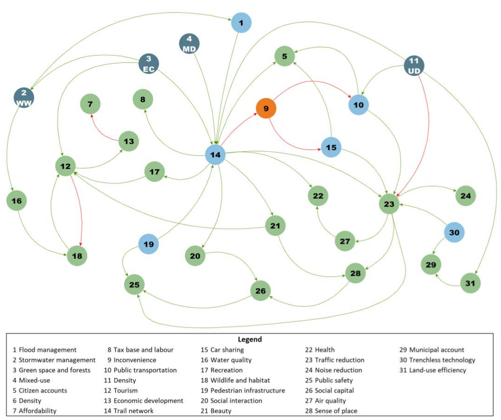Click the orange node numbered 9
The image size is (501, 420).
(x=266, y=108)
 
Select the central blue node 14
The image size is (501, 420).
(x=215, y=154)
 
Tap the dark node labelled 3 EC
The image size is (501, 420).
(x=149, y=64)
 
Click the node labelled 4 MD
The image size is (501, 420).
(x=189, y=43)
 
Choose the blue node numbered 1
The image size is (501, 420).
(x=241, y=22)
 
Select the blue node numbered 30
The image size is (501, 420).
(x=454, y=233)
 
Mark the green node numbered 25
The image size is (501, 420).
(x=134, y=284)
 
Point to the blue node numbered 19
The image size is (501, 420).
(x=149, y=244)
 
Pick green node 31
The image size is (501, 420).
(x=470, y=283)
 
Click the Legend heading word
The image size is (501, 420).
(x=250, y=339)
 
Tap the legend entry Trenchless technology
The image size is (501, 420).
(x=437, y=360)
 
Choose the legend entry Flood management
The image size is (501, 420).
(x=44, y=350)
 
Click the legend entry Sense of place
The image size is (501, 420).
(x=331, y=411)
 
